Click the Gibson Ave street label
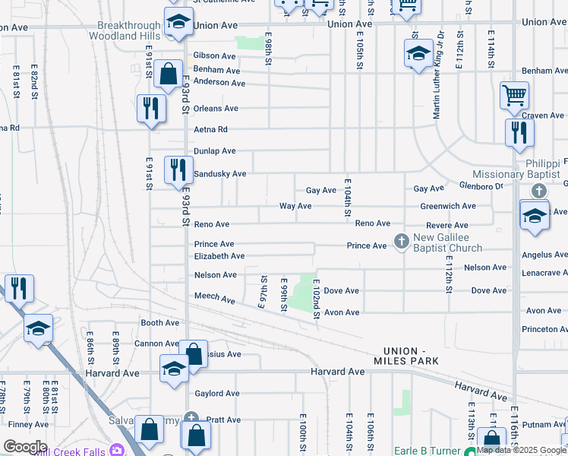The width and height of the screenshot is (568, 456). tap(214, 55)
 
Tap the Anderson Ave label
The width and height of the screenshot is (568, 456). tap(219, 82)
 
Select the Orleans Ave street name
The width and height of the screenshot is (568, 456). tap(216, 109)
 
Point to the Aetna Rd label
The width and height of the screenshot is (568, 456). tap(210, 130)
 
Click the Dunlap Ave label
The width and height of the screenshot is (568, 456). tap(215, 151)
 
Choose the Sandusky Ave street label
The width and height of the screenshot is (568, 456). tap(219, 174)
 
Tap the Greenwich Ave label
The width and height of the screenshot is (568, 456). tap(448, 206)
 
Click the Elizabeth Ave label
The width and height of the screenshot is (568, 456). tap(219, 257)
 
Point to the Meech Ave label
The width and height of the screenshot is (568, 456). tap(215, 299)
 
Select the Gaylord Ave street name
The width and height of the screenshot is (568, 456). tap(216, 394)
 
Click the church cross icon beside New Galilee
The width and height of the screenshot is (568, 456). tap(401, 242)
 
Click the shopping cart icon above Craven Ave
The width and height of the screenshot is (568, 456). tap(514, 95)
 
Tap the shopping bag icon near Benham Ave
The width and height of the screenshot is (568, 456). tap(168, 74)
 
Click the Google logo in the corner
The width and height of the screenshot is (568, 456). tap(25, 447)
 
